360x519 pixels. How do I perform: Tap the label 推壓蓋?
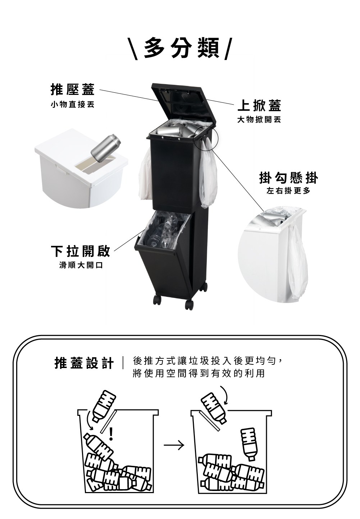pyautogui.click(x=73, y=89)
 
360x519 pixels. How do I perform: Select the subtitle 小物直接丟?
pyautogui.click(x=73, y=105)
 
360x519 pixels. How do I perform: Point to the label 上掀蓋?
pyautogui.click(x=259, y=105)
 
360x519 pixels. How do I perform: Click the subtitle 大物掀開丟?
pyautogui.click(x=259, y=120)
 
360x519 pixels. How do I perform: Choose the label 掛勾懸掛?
pyautogui.click(x=288, y=178)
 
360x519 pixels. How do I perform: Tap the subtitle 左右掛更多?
pyautogui.click(x=288, y=191)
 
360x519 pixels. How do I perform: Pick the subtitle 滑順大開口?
pyautogui.click(x=81, y=265)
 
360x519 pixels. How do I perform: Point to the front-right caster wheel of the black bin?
pyautogui.click(x=189, y=304)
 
